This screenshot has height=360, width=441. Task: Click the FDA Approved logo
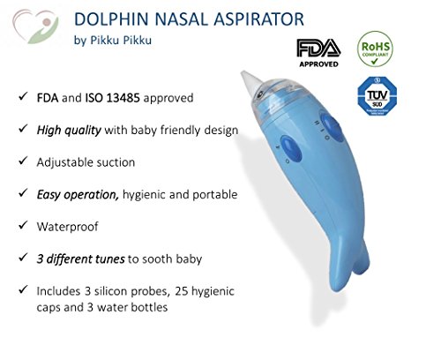pyautogui.click(x=318, y=53)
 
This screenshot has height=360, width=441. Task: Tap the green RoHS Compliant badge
pyautogui.click(x=375, y=49)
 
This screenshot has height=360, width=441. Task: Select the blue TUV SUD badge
pyautogui.click(x=377, y=96)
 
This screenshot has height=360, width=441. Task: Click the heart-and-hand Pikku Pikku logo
pyautogui.click(x=35, y=26)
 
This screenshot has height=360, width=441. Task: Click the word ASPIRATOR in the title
pyautogui.click(x=258, y=19)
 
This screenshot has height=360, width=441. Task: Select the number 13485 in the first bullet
pyautogui.click(x=123, y=98)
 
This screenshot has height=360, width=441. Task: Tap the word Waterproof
pyautogui.click(x=67, y=227)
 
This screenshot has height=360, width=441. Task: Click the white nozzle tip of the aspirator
pyautogui.click(x=250, y=79)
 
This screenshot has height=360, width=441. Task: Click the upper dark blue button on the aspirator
pyautogui.click(x=332, y=127)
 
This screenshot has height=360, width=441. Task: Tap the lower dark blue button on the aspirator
pyautogui.click(x=291, y=148)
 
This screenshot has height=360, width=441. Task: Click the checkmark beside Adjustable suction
pyautogui.click(x=23, y=161)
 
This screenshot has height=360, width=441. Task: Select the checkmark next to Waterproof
pyautogui.click(x=23, y=225)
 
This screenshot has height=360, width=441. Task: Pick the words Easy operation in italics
pyautogui.click(x=78, y=195)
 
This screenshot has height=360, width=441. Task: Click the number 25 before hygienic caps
pyautogui.click(x=182, y=291)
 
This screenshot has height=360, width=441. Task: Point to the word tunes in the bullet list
pyautogui.click(x=108, y=259)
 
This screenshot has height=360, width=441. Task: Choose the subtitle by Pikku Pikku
pyautogui.click(x=113, y=41)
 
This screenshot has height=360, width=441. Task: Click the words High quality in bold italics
pyautogui.click(x=69, y=130)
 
